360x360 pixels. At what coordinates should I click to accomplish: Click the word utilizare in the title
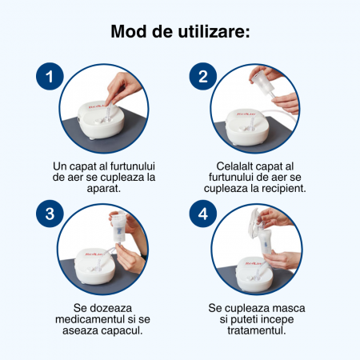click(214, 31)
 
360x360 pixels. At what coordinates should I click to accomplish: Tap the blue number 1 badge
click(50, 76)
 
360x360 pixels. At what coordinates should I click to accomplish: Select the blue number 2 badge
click(203, 76)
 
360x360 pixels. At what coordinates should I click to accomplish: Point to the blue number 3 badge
click(50, 214)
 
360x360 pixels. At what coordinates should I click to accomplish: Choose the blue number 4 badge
click(203, 214)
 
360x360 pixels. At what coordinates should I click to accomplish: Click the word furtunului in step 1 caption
click(133, 166)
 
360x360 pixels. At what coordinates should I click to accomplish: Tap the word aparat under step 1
click(104, 189)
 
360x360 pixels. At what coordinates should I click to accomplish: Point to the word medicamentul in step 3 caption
click(90, 319)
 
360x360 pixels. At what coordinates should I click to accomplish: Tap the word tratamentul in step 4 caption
click(257, 330)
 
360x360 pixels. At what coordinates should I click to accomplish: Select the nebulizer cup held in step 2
click(260, 82)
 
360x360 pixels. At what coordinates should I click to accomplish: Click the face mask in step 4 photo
click(254, 223)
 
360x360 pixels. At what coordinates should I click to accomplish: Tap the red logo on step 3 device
click(94, 254)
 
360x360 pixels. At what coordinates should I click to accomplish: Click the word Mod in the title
click(129, 31)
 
